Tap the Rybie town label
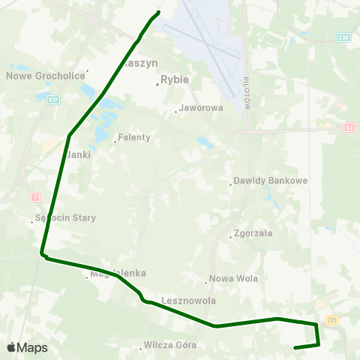point(175,78)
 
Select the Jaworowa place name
point(202,108)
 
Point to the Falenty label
point(135,138)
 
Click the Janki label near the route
point(78,154)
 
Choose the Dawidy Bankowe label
point(260,181)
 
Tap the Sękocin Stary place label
point(66,218)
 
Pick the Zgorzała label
point(253,233)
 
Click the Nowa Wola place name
point(233,279)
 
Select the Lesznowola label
point(188,301)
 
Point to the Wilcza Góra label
point(172,346)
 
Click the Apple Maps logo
point(27,347)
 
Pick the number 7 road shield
point(34,196)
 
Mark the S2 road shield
point(350,127)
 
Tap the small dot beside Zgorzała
point(231,233)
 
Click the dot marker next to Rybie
point(157,84)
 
